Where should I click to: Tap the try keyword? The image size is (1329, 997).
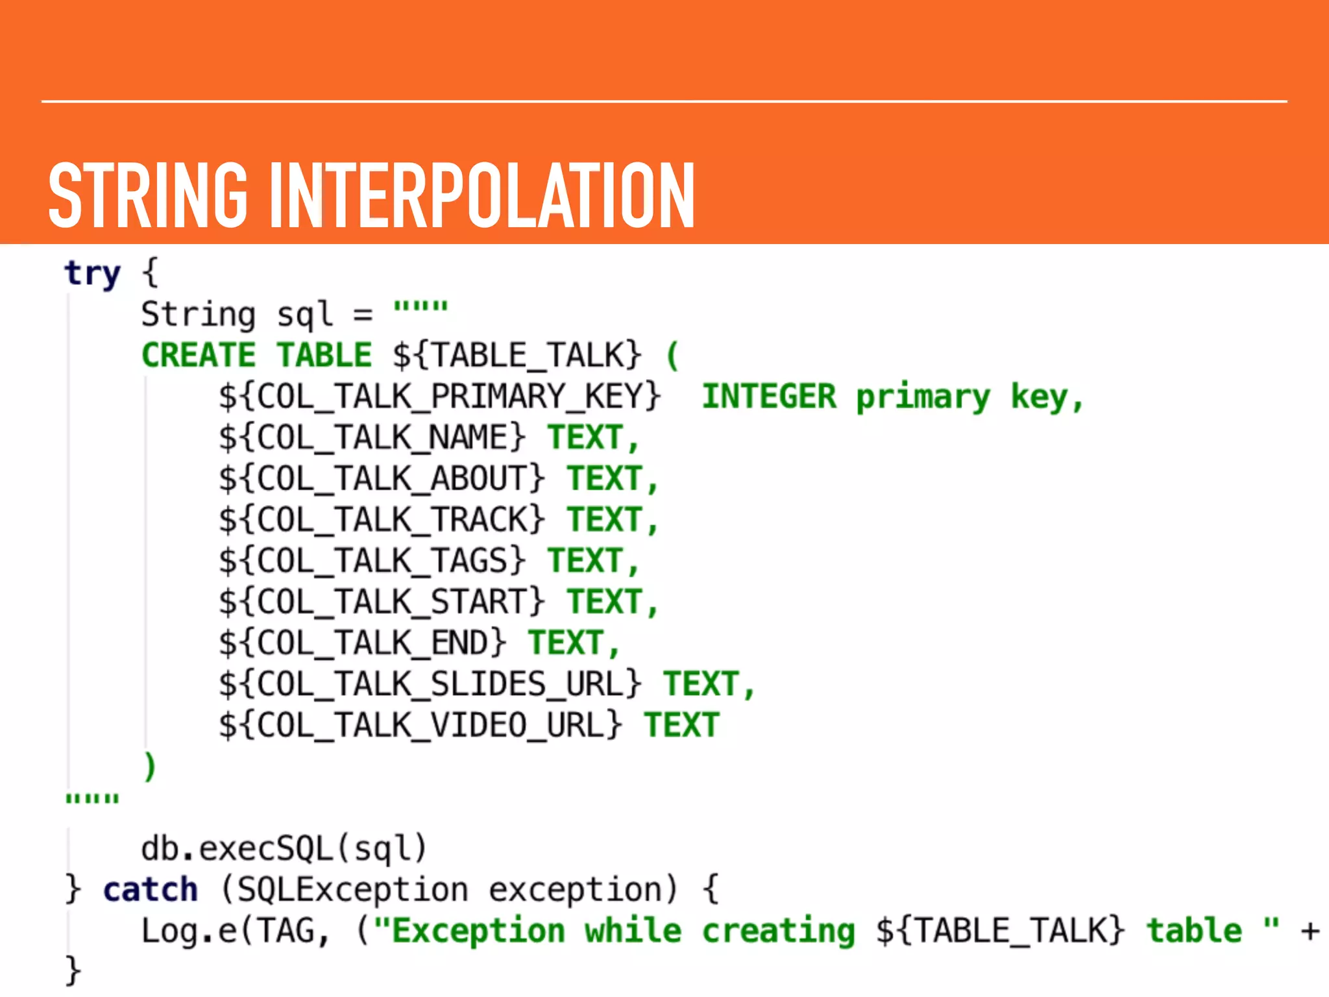pos(92,273)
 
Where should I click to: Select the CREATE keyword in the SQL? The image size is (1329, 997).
pos(199,356)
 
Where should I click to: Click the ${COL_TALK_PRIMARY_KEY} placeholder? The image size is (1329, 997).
pos(439,397)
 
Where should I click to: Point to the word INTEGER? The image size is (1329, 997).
pos(770,397)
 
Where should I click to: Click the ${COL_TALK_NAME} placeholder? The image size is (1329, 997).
pos(372,437)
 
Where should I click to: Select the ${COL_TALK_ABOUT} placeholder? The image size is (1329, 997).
pos(382,479)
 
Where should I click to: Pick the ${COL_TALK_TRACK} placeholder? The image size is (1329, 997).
pos(382,520)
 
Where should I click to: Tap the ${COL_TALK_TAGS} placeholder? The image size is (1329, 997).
pos(372,561)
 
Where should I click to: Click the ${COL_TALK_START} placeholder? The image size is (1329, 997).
pos(382,602)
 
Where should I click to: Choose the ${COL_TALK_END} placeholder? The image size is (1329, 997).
pos(362,643)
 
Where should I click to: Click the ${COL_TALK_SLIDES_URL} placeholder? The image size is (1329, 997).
pos(430,684)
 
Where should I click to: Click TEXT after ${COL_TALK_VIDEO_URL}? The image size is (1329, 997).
pos(681,725)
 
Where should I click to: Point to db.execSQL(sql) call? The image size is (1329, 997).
pos(284,848)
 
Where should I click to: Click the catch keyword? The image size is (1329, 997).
pos(151,890)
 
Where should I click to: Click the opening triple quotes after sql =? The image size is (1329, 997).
pos(421,306)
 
